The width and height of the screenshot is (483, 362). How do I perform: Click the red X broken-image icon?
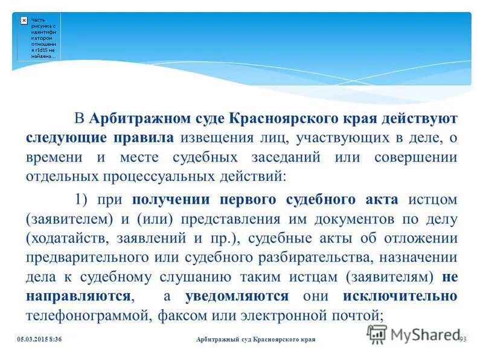coord(24,20)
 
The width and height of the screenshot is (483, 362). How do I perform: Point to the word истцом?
coord(432,200)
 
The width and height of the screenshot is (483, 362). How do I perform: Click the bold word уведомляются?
coord(237,296)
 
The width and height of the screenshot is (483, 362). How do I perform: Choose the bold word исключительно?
coord(400,296)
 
